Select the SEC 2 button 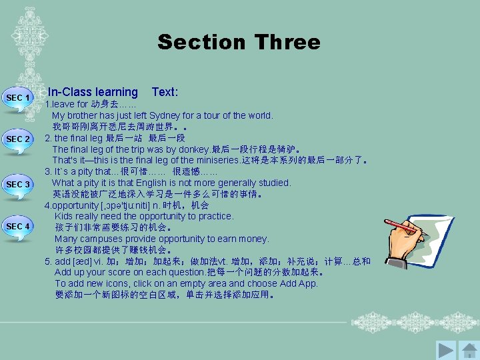19,139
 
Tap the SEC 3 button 19,185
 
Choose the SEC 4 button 19,227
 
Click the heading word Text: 165,92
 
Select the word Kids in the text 64,217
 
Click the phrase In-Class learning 93,92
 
